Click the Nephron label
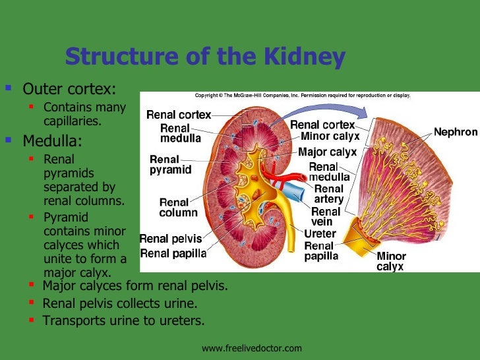tap(455, 133)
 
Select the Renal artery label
tap(328, 194)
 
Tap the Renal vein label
tap(326, 217)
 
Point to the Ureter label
tap(320, 234)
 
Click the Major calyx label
tap(327, 152)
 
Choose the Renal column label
tap(178, 208)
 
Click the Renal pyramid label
tap(170, 164)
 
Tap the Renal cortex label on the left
tap(178, 115)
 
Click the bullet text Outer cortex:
tap(69, 88)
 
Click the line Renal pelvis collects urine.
tap(119, 304)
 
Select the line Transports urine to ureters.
tap(123, 321)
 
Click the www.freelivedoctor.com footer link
tap(252, 348)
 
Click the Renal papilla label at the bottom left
tap(173, 253)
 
